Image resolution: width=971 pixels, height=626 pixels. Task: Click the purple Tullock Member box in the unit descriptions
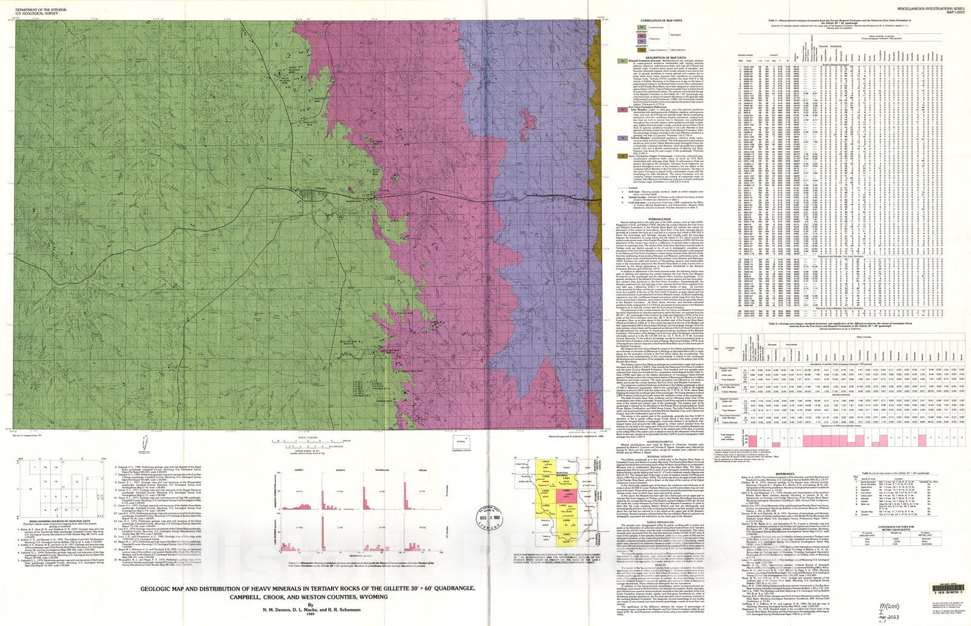tap(622, 138)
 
